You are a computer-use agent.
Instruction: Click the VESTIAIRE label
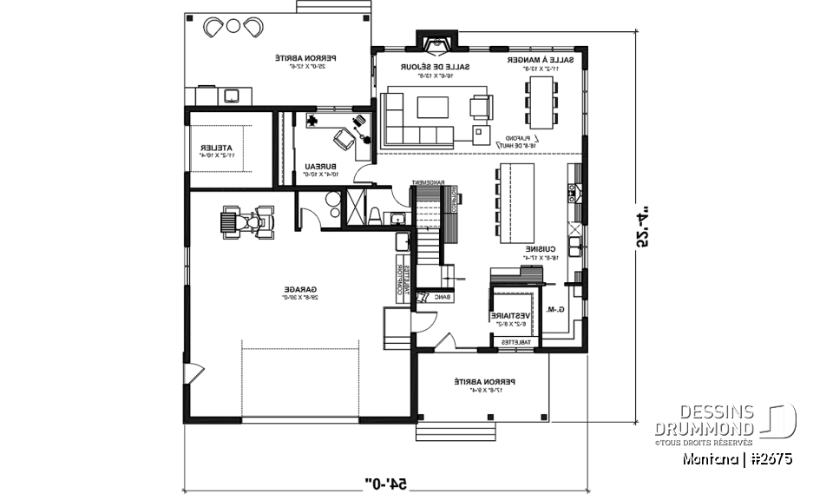click(x=511, y=317)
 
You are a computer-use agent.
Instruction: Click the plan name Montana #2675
click(x=738, y=458)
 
